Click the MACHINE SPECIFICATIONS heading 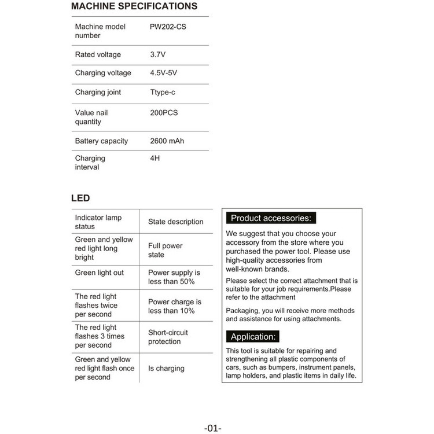pyautogui.click(x=134, y=7)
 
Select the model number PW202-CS pyautogui.click(x=168, y=27)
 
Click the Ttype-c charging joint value pyautogui.click(x=162, y=92)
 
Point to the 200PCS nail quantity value pyautogui.click(x=164, y=113)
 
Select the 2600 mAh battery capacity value pyautogui.click(x=167, y=141)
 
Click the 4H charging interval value pyautogui.click(x=155, y=159)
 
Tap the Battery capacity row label pyautogui.click(x=101, y=141)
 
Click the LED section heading pyautogui.click(x=80, y=198)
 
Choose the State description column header pyautogui.click(x=176, y=222)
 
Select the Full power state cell pyautogui.click(x=165, y=250)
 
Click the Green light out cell pyautogui.click(x=100, y=273)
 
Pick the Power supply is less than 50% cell pyautogui.click(x=174, y=277)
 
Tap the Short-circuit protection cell pyautogui.click(x=168, y=337)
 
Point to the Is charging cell pyautogui.click(x=166, y=368)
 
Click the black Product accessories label pyautogui.click(x=270, y=218)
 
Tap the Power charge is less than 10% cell pyautogui.click(x=175, y=306)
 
